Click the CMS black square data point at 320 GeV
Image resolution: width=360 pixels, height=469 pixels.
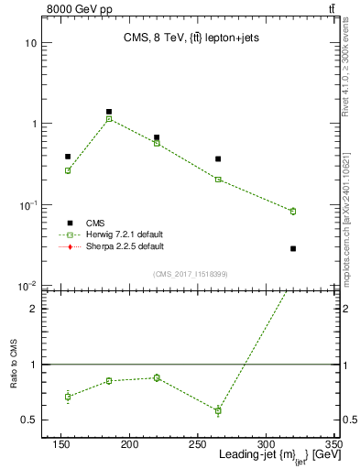click(x=293, y=248)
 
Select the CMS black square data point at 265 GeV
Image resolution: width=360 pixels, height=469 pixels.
click(x=218, y=159)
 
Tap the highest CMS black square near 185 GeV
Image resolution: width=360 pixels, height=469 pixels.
click(x=109, y=112)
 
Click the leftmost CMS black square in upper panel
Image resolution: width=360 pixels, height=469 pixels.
click(x=68, y=157)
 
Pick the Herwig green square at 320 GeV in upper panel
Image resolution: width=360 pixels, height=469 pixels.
click(x=293, y=211)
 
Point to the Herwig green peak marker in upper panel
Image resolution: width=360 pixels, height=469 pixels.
click(x=109, y=119)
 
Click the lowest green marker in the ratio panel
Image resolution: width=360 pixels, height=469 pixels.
click(x=218, y=410)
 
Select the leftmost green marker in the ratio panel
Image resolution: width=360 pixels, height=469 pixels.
click(x=68, y=397)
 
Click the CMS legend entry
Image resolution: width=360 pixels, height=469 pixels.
click(x=95, y=223)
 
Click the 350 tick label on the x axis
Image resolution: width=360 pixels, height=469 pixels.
click(x=333, y=445)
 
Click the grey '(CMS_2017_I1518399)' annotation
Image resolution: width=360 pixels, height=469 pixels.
click(x=191, y=274)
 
